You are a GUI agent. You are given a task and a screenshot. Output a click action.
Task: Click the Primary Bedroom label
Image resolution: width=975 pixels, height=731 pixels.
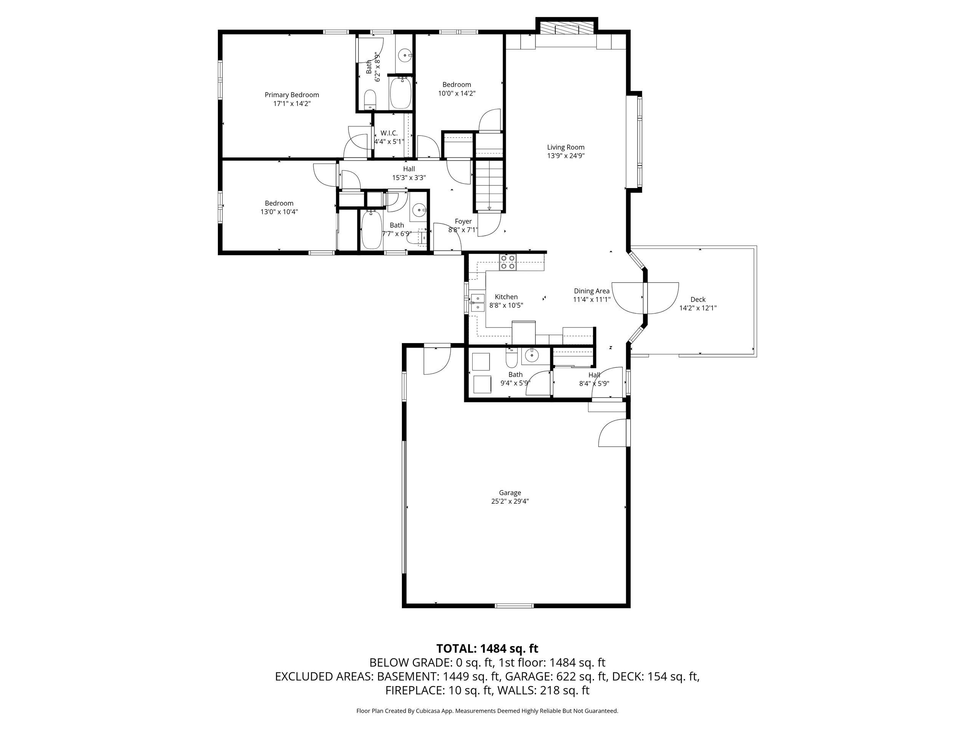tap(291, 95)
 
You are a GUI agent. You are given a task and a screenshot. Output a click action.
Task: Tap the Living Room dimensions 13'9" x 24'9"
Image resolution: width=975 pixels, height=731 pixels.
tap(566, 156)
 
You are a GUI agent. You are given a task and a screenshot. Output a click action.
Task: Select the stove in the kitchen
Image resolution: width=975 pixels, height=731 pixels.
tap(507, 262)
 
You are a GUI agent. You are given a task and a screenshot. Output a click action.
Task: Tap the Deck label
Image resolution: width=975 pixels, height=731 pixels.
tap(698, 300)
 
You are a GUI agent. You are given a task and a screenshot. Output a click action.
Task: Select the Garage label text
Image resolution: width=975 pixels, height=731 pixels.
tap(510, 493)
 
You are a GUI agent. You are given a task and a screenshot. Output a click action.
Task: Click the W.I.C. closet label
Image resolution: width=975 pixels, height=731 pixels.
tap(389, 133)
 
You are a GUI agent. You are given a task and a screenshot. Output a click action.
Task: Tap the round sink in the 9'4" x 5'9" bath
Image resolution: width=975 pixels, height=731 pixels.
tap(532, 355)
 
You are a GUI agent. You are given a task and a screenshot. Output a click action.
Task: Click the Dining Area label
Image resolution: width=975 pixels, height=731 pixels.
tap(591, 291)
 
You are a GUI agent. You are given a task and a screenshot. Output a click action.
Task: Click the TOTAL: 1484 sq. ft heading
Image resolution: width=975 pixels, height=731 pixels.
tap(487, 649)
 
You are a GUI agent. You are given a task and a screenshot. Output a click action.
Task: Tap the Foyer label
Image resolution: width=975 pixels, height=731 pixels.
tap(463, 221)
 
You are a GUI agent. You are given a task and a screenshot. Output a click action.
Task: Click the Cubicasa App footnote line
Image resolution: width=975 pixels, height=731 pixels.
tap(487, 711)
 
